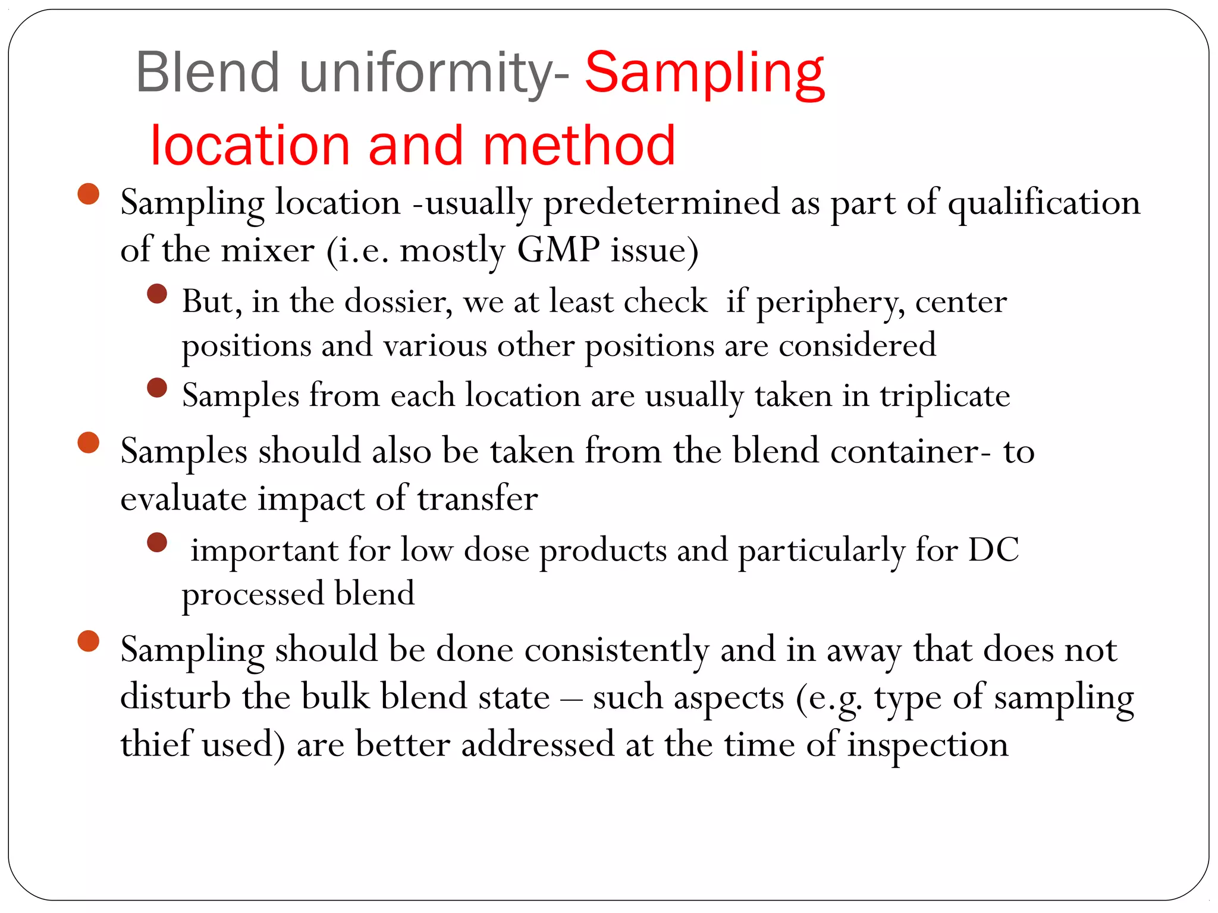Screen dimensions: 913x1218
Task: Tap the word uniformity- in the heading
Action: (x=434, y=74)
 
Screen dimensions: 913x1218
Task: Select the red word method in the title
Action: (x=579, y=146)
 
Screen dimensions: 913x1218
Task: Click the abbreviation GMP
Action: (x=558, y=250)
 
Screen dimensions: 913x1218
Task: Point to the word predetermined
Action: (x=661, y=203)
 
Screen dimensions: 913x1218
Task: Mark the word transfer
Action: (x=478, y=498)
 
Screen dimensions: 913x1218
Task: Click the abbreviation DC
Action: (x=993, y=550)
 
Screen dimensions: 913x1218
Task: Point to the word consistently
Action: (x=617, y=650)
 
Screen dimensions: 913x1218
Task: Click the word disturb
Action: (x=175, y=697)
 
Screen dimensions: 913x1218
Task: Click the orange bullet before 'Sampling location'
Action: (x=89, y=194)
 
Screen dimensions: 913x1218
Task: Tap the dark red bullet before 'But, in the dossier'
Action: (x=157, y=294)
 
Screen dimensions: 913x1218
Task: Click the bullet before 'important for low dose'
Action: (x=157, y=542)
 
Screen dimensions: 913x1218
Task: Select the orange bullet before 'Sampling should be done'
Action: (x=89, y=641)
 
